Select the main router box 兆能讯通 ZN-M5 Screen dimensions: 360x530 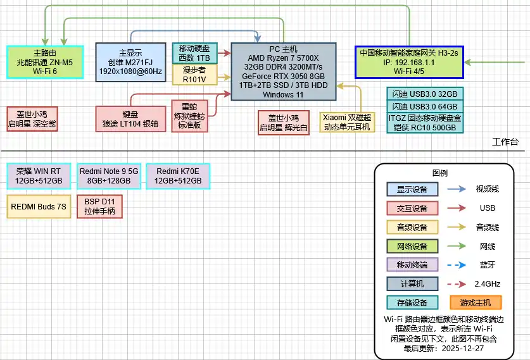[x=45, y=62]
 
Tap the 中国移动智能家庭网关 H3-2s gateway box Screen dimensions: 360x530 [x=409, y=62]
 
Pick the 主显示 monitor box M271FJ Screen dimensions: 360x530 [x=130, y=62]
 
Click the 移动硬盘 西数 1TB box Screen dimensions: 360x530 [x=194, y=53]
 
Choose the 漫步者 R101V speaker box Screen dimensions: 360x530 [x=194, y=75]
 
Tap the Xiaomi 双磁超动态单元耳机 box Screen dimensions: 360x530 [x=348, y=121]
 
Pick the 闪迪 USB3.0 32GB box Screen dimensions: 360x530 [x=426, y=93]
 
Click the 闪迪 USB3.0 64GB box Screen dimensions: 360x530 [x=426, y=106]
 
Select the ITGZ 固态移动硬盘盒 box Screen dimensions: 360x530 [x=426, y=123]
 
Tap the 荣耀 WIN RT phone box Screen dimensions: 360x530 [x=39, y=175]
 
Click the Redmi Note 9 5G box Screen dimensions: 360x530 [x=108, y=175]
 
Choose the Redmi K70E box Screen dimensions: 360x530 [x=177, y=175]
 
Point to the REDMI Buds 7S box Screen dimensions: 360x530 [x=39, y=206]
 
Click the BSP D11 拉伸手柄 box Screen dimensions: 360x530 [x=99, y=206]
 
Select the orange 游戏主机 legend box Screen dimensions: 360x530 [x=475, y=302]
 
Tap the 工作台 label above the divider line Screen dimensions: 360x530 [x=505, y=141]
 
